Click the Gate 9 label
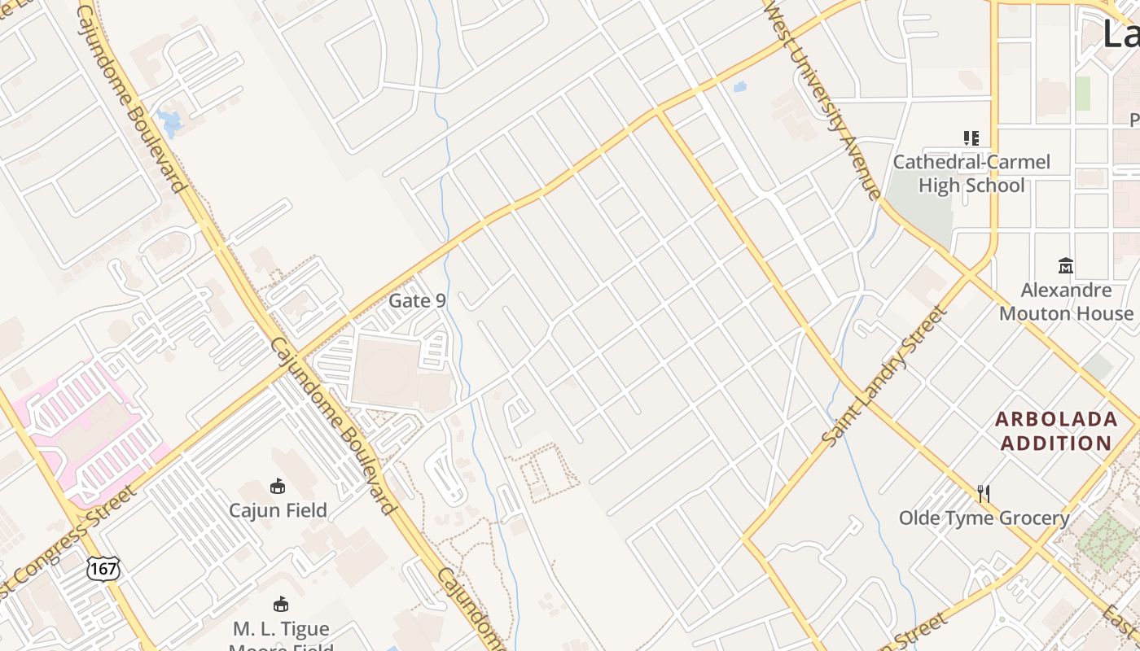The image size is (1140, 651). (x=417, y=300)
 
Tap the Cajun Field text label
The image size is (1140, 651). (x=278, y=510)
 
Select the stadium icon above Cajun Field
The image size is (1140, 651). (x=278, y=486)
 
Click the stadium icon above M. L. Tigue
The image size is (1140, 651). (x=281, y=604)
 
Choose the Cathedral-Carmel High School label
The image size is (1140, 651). (x=971, y=173)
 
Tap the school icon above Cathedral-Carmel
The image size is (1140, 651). (x=971, y=138)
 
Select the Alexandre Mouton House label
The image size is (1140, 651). (x=1066, y=301)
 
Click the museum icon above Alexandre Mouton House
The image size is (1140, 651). (x=1066, y=265)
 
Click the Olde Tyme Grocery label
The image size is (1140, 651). (x=984, y=518)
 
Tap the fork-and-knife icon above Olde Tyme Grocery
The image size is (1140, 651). (x=984, y=493)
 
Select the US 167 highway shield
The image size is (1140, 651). (x=103, y=568)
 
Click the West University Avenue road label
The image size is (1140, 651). (x=822, y=98)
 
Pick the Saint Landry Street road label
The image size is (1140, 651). (x=885, y=376)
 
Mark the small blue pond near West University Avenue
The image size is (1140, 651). (x=739, y=85)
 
